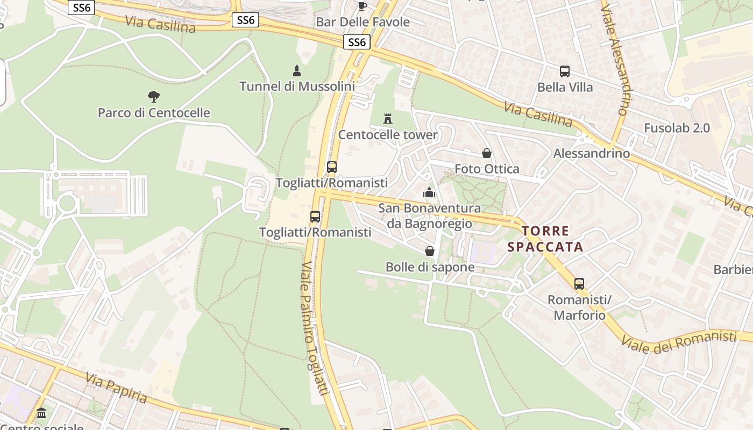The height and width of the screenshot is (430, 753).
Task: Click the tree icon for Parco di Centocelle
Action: pos(154,97)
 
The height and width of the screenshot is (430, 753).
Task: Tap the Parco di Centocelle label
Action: pos(154,113)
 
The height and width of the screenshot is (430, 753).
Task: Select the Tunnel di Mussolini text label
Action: pos(297,86)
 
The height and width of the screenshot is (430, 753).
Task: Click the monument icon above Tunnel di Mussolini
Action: pos(296,70)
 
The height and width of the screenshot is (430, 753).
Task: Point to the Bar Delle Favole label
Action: pos(363,22)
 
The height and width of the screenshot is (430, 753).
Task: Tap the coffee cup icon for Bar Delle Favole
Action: pos(363,6)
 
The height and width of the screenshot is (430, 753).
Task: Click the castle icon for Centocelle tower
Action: pos(388,119)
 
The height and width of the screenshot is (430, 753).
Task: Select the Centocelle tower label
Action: pos(388,134)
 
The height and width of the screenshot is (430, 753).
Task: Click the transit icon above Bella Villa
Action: pos(565,71)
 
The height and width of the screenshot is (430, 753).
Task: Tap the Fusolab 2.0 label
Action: pos(677,128)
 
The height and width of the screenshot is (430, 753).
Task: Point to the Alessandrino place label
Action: pos(592,154)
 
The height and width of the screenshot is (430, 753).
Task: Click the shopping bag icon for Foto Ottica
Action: pos(487,154)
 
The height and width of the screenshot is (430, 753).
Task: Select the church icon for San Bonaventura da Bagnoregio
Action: pos(429,192)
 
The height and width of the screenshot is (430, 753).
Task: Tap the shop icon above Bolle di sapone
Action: pos(430,251)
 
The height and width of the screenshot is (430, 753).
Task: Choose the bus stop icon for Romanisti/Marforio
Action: pos(579,284)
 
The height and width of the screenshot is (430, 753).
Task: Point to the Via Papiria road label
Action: pos(116,387)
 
